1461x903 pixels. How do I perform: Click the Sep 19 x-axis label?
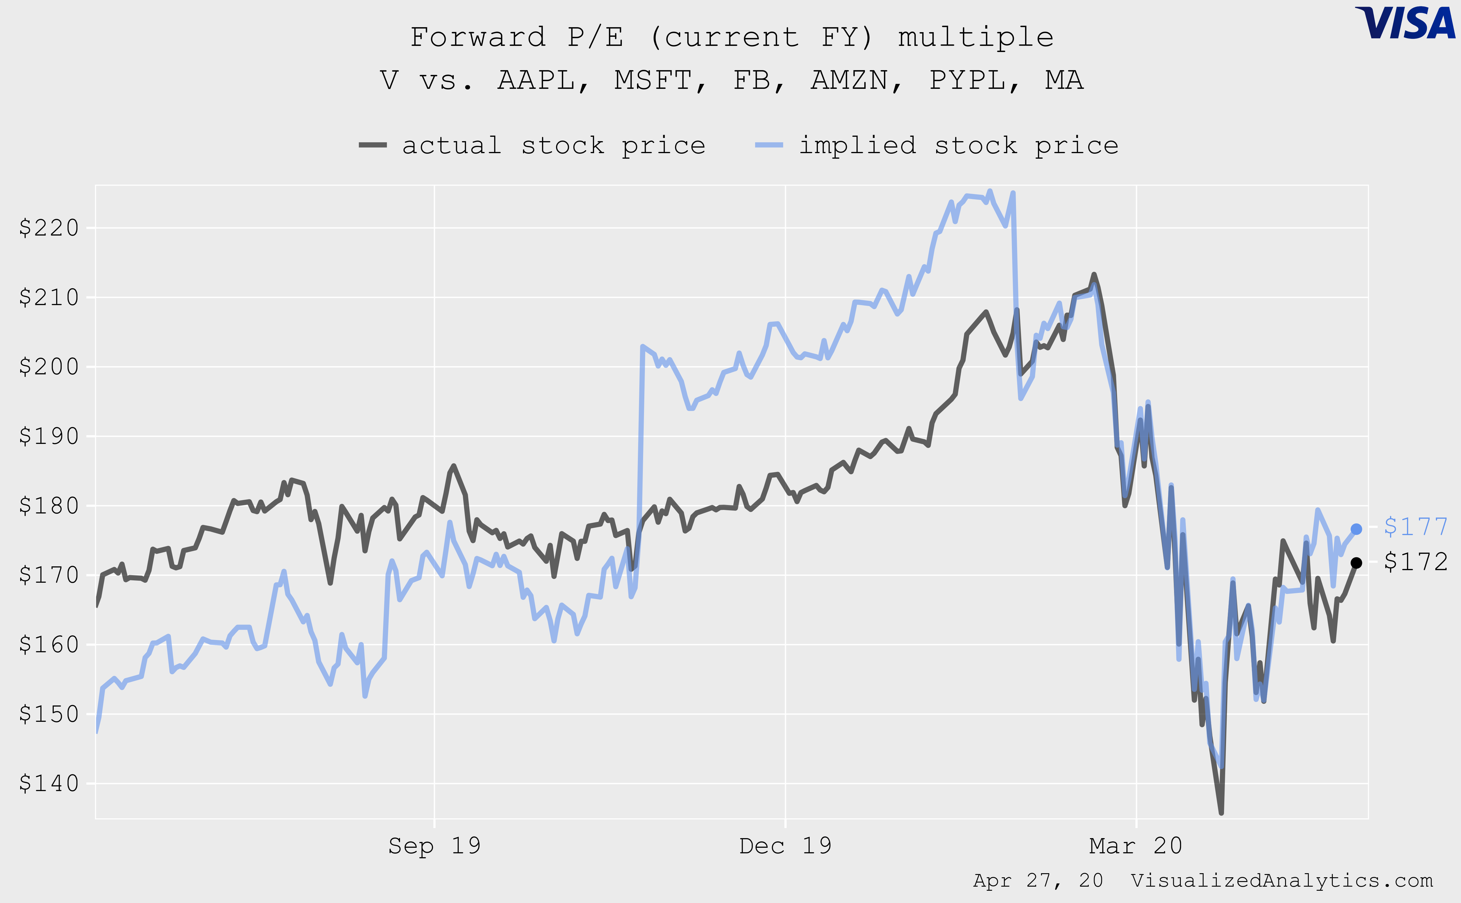[434, 846]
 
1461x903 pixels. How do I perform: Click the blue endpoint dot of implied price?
[1356, 529]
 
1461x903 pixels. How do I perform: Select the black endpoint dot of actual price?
[1356, 563]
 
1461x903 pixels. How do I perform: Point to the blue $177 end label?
[1415, 527]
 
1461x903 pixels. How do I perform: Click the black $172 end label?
[1415, 561]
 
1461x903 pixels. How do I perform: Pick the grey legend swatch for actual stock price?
[373, 145]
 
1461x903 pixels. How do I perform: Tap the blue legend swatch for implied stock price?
[769, 145]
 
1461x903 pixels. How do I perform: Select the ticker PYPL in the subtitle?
[974, 80]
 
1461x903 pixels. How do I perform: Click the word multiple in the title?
[976, 37]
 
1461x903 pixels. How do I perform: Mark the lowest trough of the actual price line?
[1221, 812]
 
